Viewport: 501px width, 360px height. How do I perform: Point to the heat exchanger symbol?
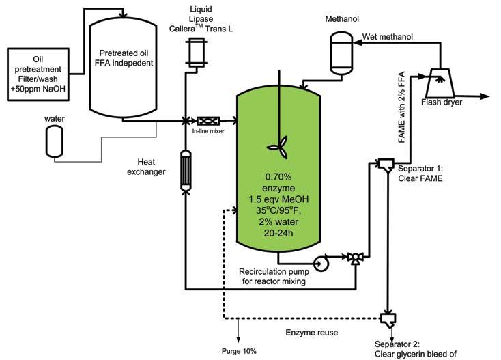tap(186, 169)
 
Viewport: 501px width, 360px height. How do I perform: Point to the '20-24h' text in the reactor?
tap(280, 232)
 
